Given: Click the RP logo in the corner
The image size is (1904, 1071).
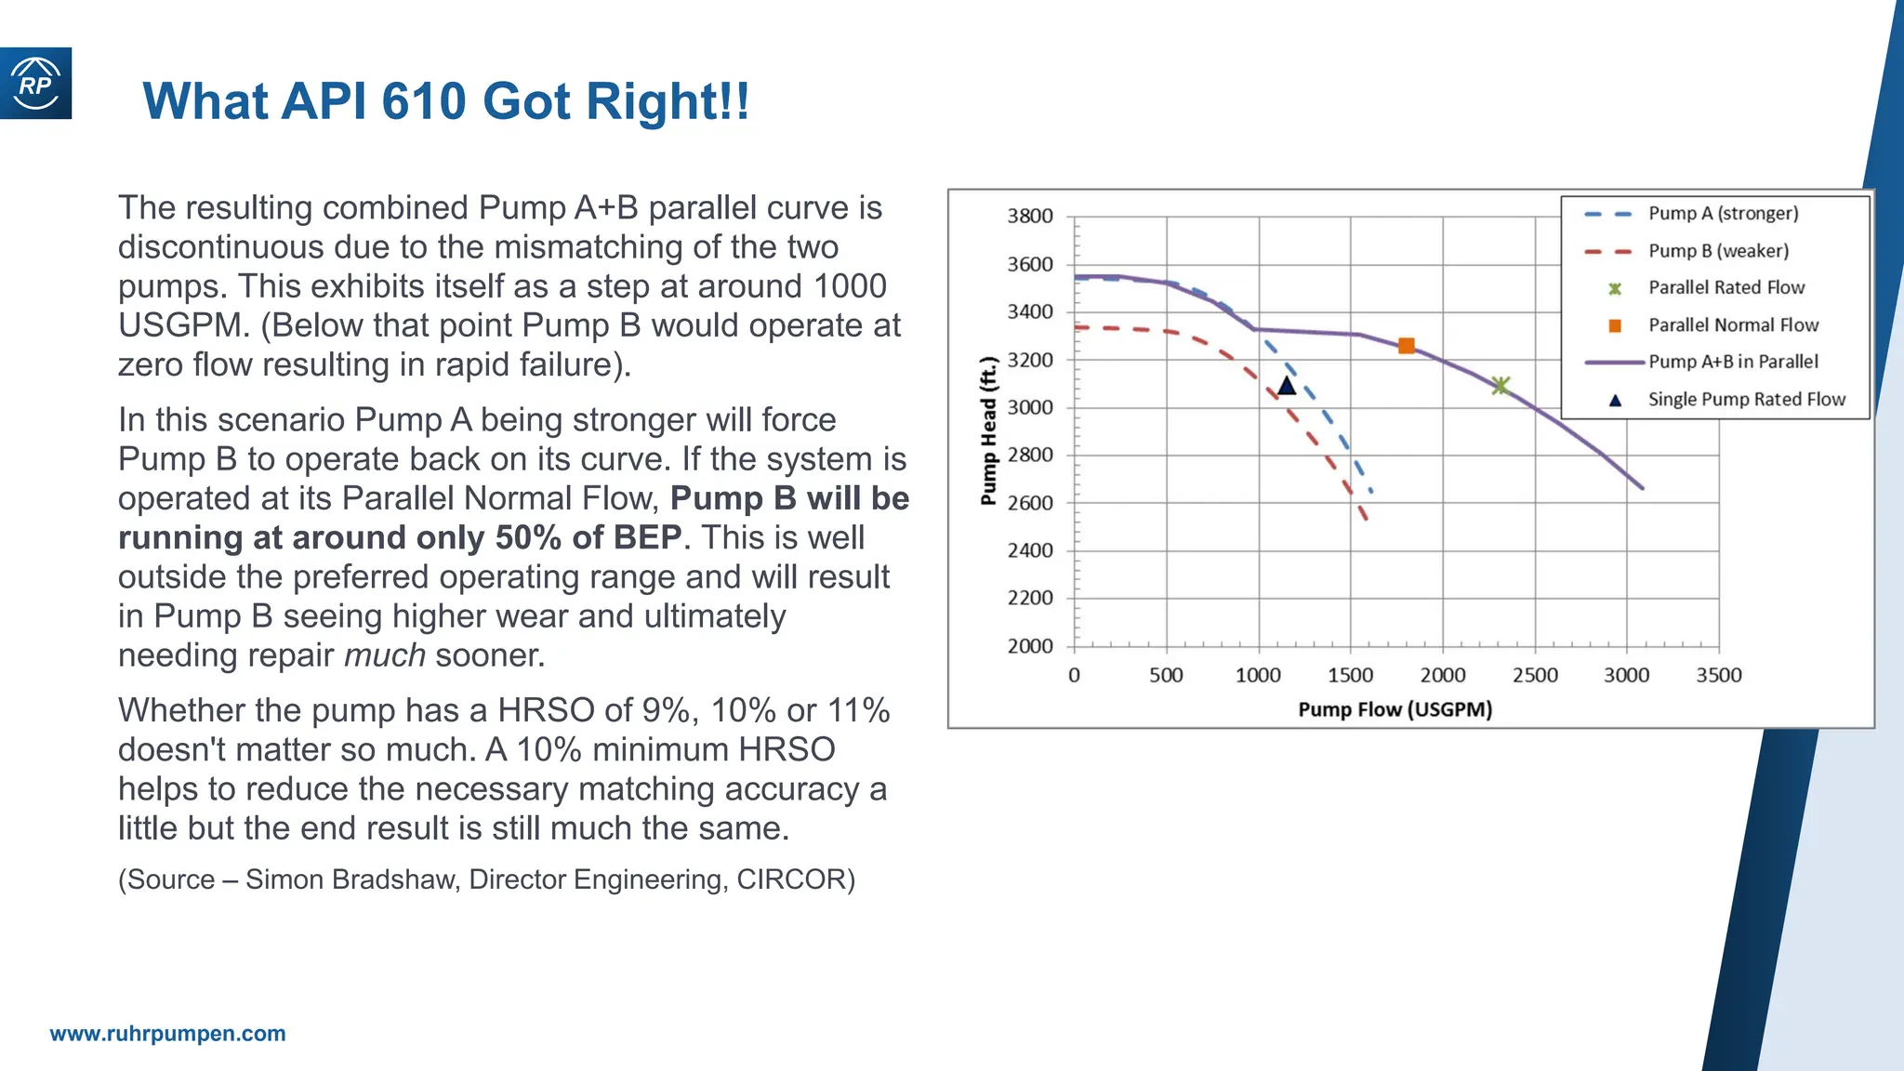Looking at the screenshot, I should click(x=35, y=84).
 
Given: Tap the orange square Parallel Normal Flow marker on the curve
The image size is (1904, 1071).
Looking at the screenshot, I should click(x=1406, y=346).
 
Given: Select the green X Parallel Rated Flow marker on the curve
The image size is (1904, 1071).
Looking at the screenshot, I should click(x=1500, y=385).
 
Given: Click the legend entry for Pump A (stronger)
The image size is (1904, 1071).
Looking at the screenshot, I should click(x=1723, y=214).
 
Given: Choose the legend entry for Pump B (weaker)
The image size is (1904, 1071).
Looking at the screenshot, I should click(x=1718, y=251).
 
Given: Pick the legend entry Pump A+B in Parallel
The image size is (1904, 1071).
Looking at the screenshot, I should click(x=1732, y=362).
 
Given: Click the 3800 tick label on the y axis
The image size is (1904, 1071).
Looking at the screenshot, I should click(x=1030, y=217).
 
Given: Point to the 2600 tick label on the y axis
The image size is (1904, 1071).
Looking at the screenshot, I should click(x=1030, y=503).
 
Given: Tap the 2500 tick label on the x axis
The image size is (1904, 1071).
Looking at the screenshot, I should click(x=1535, y=676).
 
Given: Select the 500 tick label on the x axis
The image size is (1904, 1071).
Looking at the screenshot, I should click(x=1166, y=676).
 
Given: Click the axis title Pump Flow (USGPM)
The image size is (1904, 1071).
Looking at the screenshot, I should click(x=1395, y=710).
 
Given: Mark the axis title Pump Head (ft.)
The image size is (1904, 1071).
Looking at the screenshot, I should click(x=988, y=430).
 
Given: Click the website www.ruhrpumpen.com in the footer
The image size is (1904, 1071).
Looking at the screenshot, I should click(x=167, y=1034).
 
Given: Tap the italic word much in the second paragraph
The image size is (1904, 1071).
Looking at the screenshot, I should click(x=385, y=655).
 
